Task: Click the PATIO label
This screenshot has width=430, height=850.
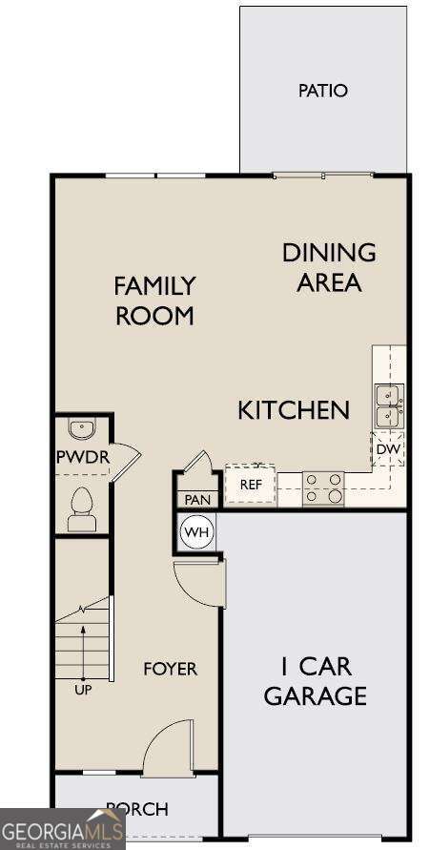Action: (x=322, y=91)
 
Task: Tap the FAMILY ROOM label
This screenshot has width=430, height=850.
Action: (x=154, y=301)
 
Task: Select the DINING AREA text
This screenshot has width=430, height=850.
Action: (x=329, y=267)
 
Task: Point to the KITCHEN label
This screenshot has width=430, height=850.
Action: (x=293, y=411)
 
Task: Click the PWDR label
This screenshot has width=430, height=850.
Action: (x=82, y=457)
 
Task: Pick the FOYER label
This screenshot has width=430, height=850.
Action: (x=170, y=669)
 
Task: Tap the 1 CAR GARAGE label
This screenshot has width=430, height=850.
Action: (x=315, y=680)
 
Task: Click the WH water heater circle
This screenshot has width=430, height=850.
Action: (x=195, y=531)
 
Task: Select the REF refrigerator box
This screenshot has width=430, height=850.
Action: (x=250, y=485)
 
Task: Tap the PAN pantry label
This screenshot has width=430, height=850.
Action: (x=196, y=499)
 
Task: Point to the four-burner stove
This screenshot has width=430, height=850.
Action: (x=323, y=487)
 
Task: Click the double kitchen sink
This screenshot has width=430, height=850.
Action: (x=388, y=405)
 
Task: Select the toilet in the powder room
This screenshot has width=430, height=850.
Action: (x=82, y=508)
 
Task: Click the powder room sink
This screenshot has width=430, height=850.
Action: (x=82, y=428)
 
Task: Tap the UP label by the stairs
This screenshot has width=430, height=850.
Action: (x=83, y=690)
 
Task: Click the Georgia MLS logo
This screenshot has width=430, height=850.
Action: (x=62, y=829)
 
